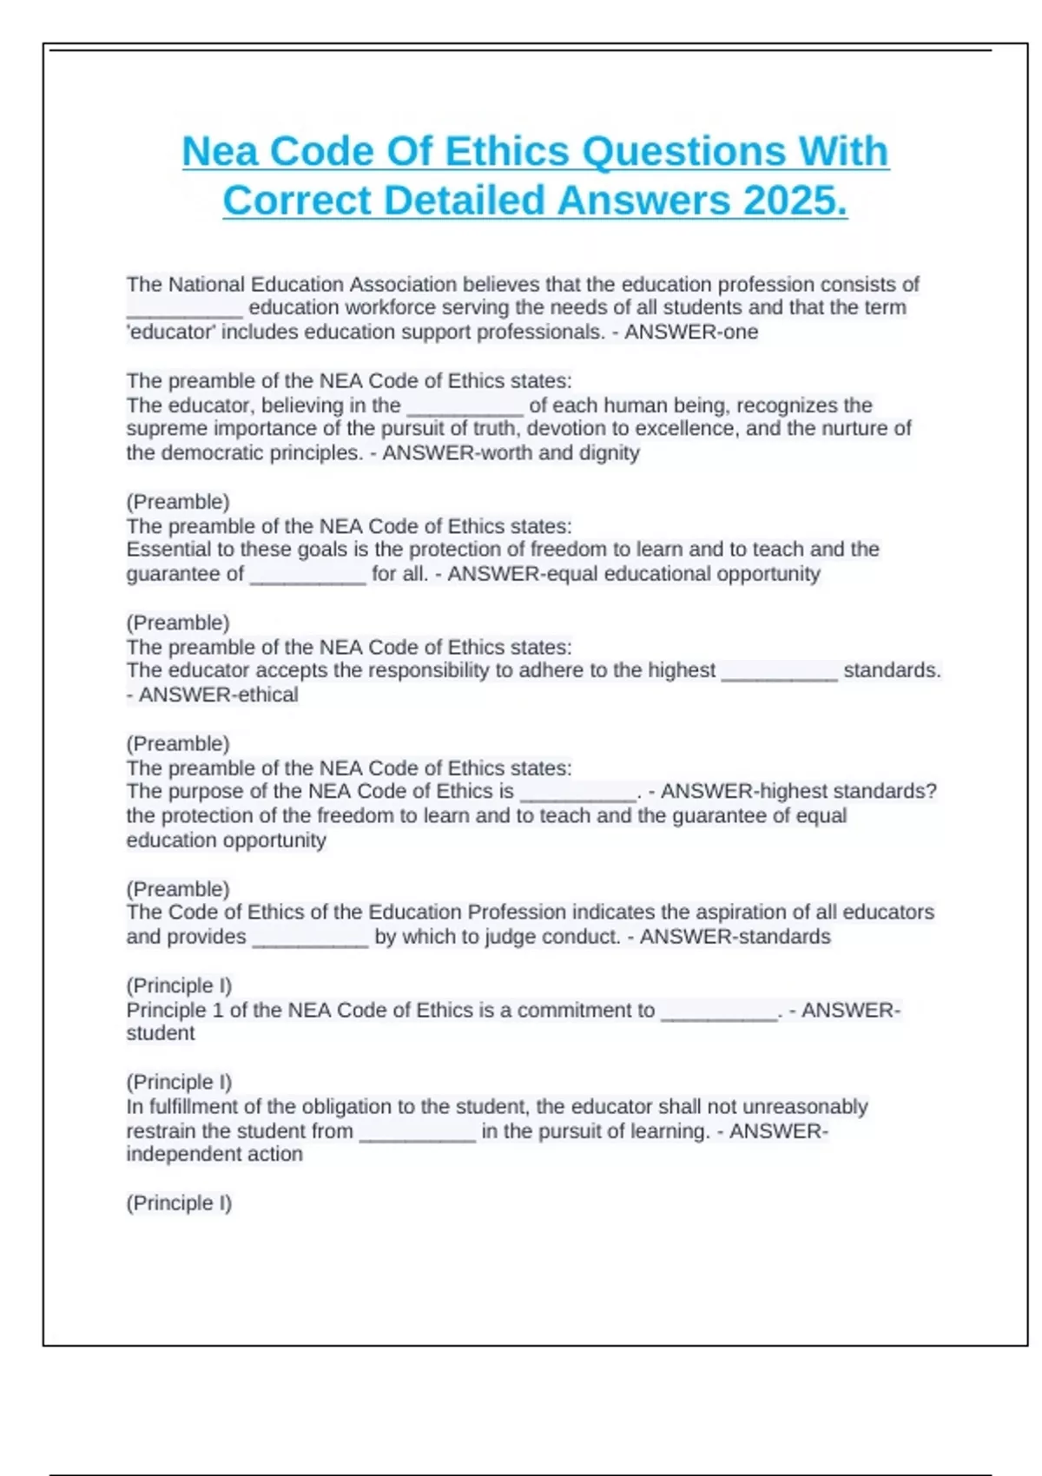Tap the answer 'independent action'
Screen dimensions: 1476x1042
[214, 1154]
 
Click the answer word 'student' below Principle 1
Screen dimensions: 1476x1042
[161, 1033]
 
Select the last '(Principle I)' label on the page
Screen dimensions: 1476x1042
[179, 1203]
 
